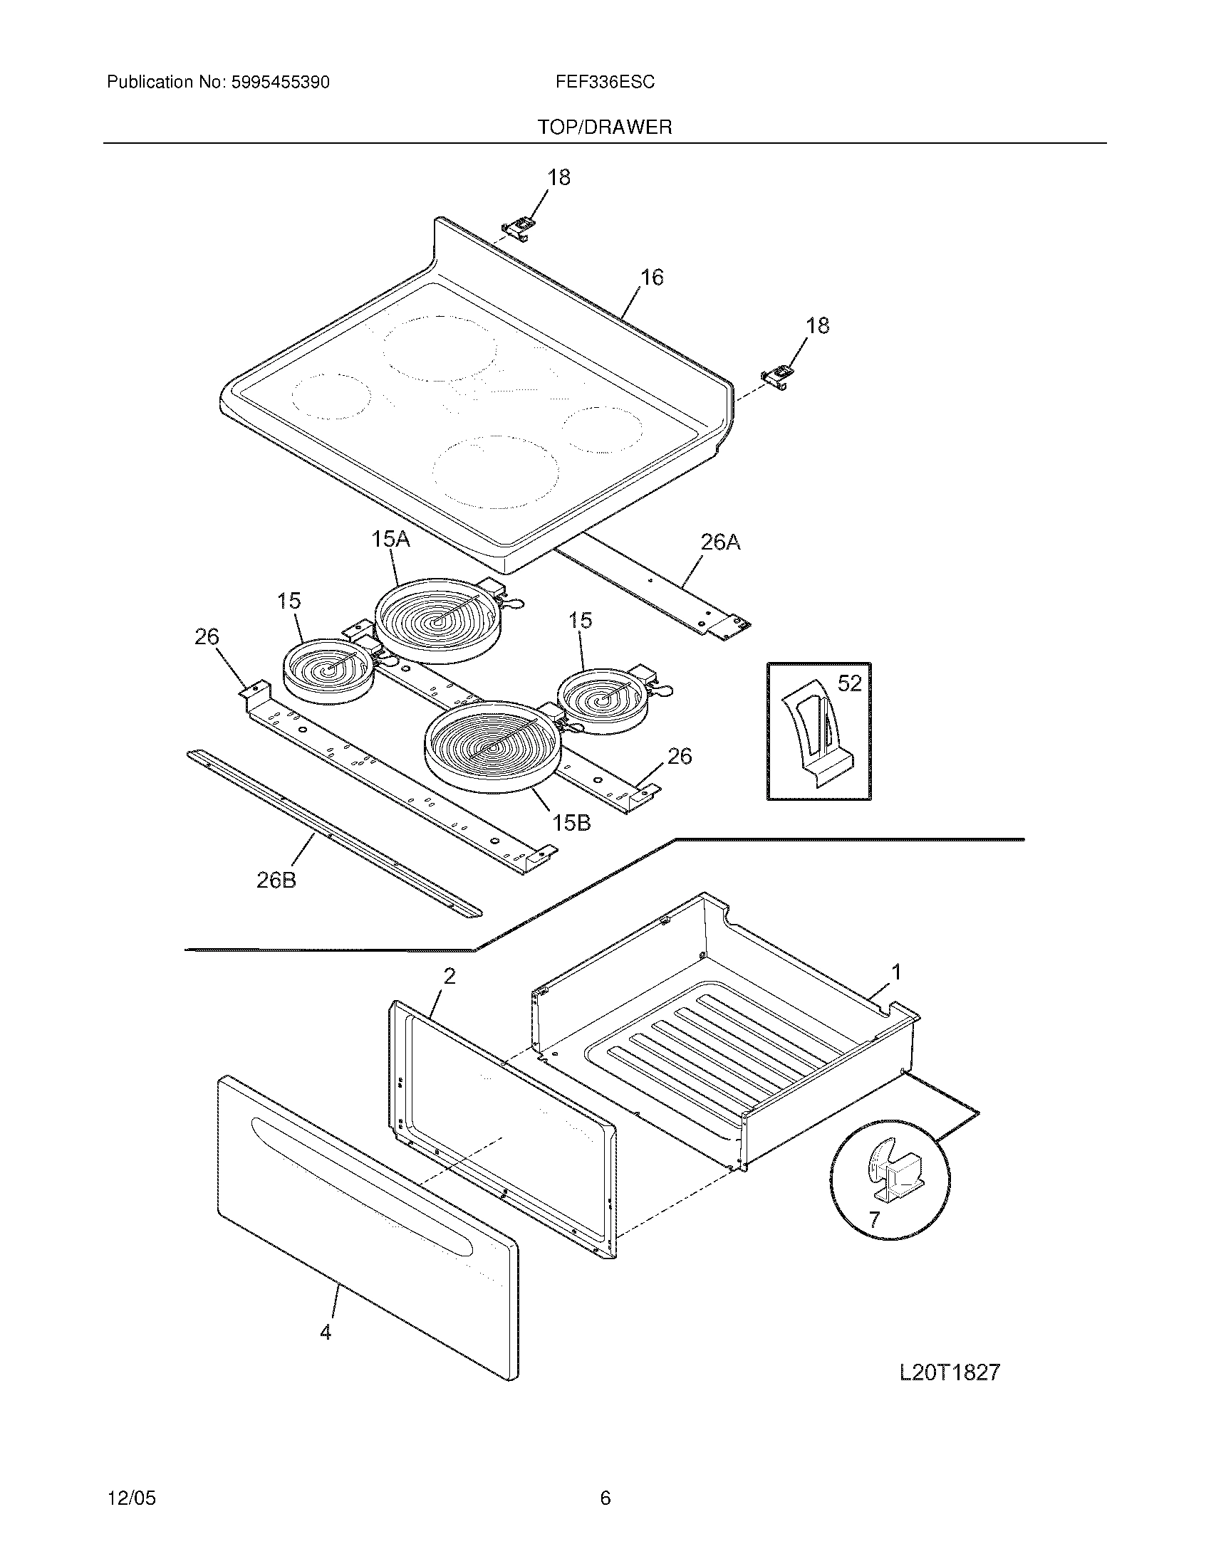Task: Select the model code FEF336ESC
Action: point(604,83)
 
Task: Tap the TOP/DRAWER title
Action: point(605,127)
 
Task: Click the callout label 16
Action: point(651,277)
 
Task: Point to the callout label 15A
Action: point(390,539)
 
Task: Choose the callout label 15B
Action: point(571,823)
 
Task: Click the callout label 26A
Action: point(719,542)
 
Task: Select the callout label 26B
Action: point(276,880)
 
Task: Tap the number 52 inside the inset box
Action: point(849,683)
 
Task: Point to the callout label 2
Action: point(449,976)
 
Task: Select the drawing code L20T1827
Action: point(949,1372)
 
